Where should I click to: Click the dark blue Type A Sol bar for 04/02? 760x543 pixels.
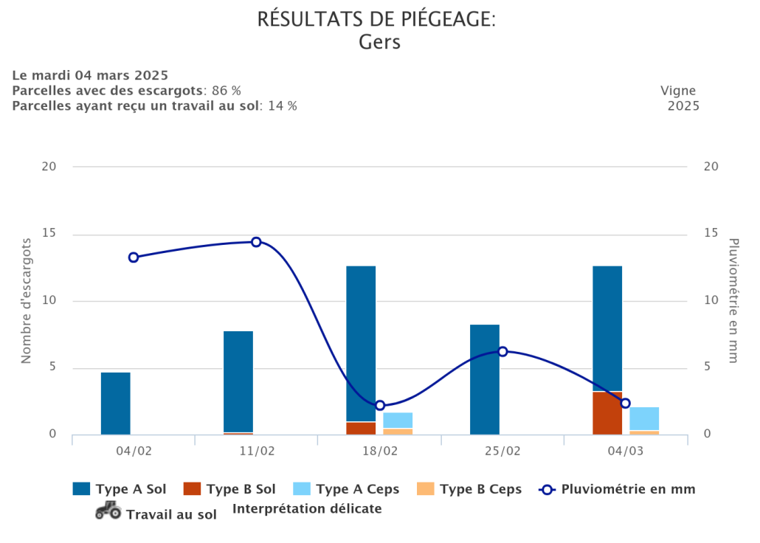[x=116, y=404]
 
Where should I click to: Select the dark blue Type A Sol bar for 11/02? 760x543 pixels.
[x=238, y=381]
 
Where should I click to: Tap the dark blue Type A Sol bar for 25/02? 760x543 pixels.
[x=485, y=379]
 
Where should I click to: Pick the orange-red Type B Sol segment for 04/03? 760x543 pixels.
[x=607, y=413]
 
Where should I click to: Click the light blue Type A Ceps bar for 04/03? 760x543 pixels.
[x=644, y=418]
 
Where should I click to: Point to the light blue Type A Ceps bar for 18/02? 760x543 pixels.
[x=398, y=421]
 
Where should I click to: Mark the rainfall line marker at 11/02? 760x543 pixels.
[x=256, y=242]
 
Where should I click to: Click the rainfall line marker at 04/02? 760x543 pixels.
[x=134, y=257]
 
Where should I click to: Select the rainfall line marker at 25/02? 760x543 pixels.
[x=502, y=351]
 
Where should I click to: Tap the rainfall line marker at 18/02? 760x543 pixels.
[x=380, y=405]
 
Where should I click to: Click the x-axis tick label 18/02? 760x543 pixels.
[x=380, y=450]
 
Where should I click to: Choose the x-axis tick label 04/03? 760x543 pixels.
[x=625, y=450]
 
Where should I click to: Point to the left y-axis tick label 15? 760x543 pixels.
[x=49, y=234]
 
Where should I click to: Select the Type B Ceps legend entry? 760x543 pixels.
[x=469, y=488]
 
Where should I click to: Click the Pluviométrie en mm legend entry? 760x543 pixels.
[x=618, y=488]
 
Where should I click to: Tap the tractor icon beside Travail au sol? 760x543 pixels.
[x=108, y=511]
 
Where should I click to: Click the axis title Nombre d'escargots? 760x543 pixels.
[x=27, y=300]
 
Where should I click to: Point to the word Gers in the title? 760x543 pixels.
[x=379, y=42]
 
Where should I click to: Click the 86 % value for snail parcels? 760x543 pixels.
[x=227, y=90]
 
